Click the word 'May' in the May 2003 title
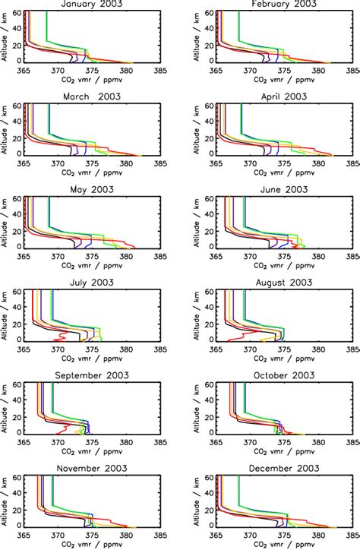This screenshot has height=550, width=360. click(78, 189)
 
